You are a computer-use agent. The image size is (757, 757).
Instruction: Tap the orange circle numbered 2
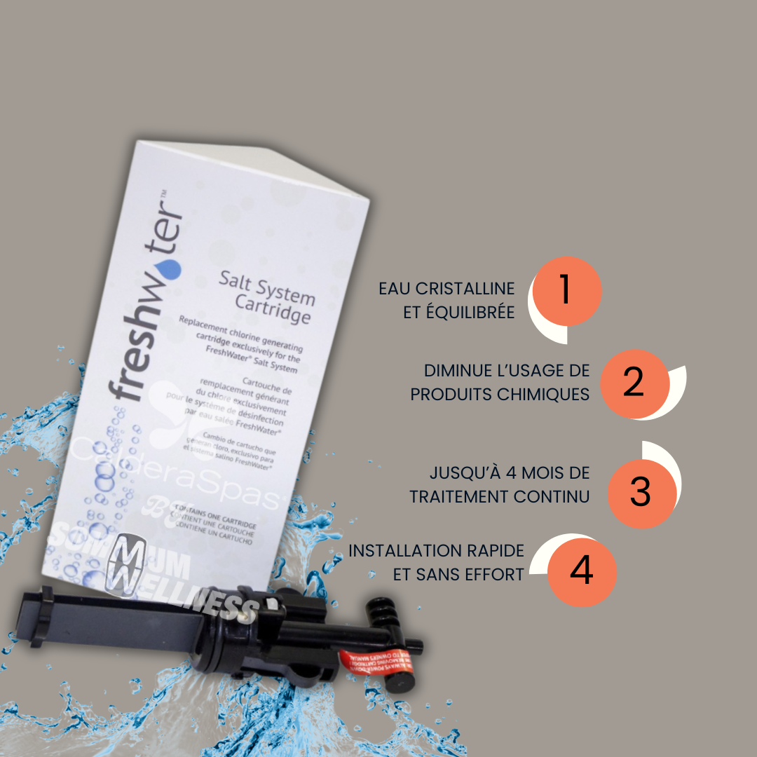pos(632,383)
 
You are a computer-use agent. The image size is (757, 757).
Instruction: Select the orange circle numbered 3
pos(641,492)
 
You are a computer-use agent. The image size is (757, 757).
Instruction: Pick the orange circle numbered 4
pos(581,571)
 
